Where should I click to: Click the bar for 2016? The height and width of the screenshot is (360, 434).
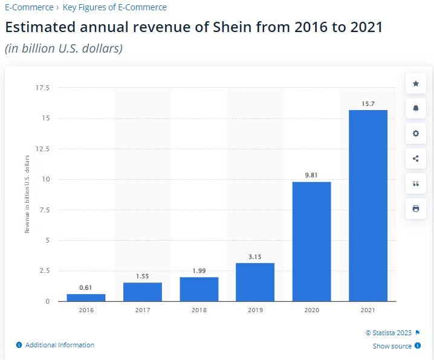86,297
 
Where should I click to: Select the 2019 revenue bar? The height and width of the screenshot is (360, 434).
255,282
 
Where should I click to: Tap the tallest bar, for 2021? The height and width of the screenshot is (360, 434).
368,206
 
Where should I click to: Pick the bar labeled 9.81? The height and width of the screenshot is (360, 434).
311,241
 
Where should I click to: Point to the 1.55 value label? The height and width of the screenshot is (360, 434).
143,276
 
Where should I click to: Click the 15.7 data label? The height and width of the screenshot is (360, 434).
368,104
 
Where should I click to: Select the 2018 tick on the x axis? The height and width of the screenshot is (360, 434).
199,310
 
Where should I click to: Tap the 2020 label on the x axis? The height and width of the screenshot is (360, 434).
311,310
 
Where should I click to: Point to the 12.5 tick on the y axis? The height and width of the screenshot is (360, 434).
44,149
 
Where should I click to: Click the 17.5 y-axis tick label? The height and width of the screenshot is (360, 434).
44,88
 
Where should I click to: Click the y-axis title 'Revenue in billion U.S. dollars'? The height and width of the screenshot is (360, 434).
27,194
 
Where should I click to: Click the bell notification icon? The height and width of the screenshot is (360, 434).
416,108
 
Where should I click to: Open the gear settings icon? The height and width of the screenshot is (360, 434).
416,133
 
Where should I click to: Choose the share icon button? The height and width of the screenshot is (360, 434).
416,159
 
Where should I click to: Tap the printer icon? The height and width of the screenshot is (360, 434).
416,209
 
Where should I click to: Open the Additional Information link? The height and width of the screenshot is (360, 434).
59,345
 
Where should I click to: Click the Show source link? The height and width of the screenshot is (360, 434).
392,346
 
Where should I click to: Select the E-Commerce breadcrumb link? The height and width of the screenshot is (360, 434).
28,8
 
